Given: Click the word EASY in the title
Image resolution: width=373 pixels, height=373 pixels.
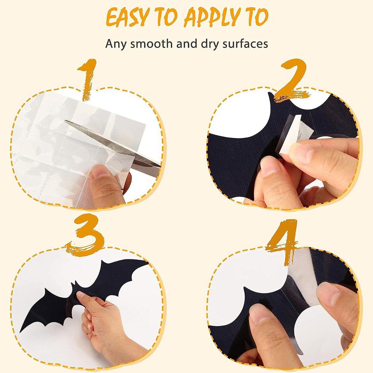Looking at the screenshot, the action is (127, 17).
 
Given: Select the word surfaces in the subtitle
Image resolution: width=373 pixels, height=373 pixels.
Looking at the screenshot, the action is (245, 44).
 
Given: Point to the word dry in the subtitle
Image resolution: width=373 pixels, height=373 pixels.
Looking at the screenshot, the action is (210, 44).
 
